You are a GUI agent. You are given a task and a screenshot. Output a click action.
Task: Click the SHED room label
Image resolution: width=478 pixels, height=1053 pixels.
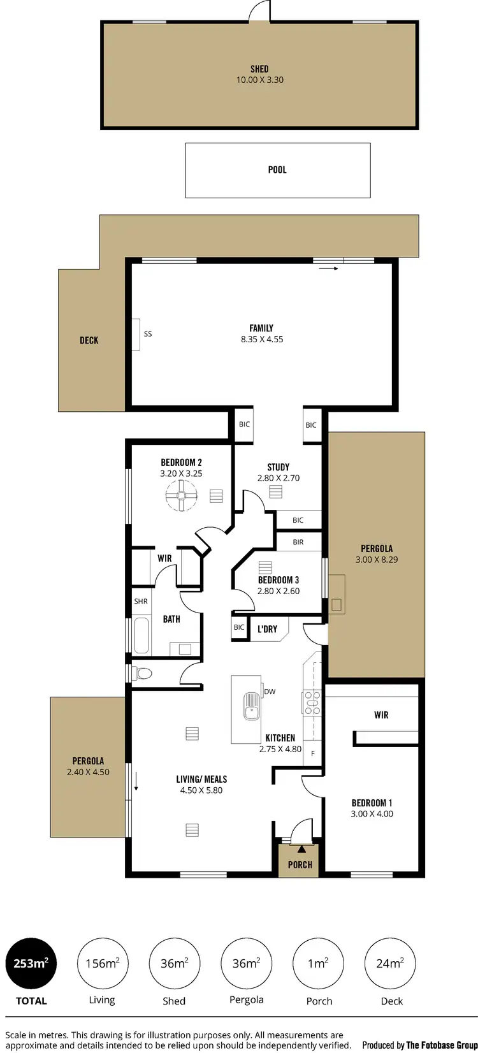pos(259,69)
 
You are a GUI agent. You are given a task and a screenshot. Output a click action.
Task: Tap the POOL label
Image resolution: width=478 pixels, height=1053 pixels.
pos(277,170)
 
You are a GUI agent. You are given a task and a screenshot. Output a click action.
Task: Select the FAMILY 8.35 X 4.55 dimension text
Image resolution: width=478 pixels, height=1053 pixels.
pos(262,339)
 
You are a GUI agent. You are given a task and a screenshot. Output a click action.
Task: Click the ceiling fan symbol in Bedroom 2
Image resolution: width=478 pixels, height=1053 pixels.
pos(181,495)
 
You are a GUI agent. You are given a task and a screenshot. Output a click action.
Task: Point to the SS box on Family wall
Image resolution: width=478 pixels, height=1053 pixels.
pos(136,334)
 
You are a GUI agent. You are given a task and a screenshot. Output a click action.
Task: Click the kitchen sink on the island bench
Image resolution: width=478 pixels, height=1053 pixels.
pos(252,706)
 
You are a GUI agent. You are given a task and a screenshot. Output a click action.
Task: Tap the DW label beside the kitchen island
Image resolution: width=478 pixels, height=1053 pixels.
pos(270,692)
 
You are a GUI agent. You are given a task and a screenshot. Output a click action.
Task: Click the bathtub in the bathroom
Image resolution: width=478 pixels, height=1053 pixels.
pos(141,635)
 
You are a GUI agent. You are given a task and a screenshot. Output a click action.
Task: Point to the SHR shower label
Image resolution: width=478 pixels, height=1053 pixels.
pos(141,601)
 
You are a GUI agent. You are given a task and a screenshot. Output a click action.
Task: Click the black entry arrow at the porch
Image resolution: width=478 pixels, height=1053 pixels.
pos(301,849)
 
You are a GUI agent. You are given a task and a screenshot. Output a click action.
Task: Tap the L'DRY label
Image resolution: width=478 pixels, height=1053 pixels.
pos(267,629)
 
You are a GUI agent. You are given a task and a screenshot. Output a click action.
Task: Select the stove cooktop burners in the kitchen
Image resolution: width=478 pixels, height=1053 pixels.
pos(312,701)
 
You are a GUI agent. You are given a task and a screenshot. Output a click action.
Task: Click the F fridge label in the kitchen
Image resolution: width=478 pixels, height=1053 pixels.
pos(313,753)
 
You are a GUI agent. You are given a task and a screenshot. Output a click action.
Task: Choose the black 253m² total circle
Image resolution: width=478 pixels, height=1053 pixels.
pos(31,964)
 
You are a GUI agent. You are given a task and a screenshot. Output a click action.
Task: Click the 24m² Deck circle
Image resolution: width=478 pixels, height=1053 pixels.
pos(390,964)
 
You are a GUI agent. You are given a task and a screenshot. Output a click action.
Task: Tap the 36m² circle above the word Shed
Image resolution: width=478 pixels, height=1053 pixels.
pos(174,964)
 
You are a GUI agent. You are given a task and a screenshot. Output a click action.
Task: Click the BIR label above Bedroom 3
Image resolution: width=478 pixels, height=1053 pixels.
pos(298,542)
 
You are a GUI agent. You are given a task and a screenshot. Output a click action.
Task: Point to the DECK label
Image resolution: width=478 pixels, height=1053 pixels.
pos(89,340)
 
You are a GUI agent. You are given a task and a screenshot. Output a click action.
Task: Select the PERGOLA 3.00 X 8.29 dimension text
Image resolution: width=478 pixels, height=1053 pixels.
pos(377,560)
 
